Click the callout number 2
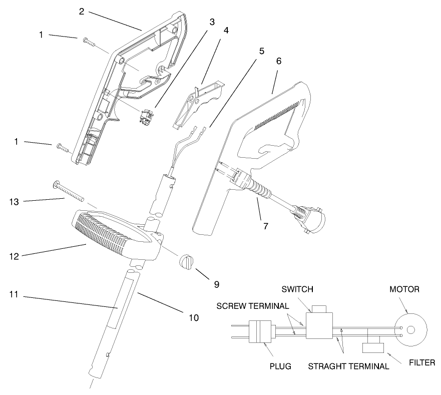[x=82, y=12]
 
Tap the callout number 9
[x=216, y=284]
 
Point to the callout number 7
[x=265, y=226]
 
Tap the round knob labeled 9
[x=186, y=262]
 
